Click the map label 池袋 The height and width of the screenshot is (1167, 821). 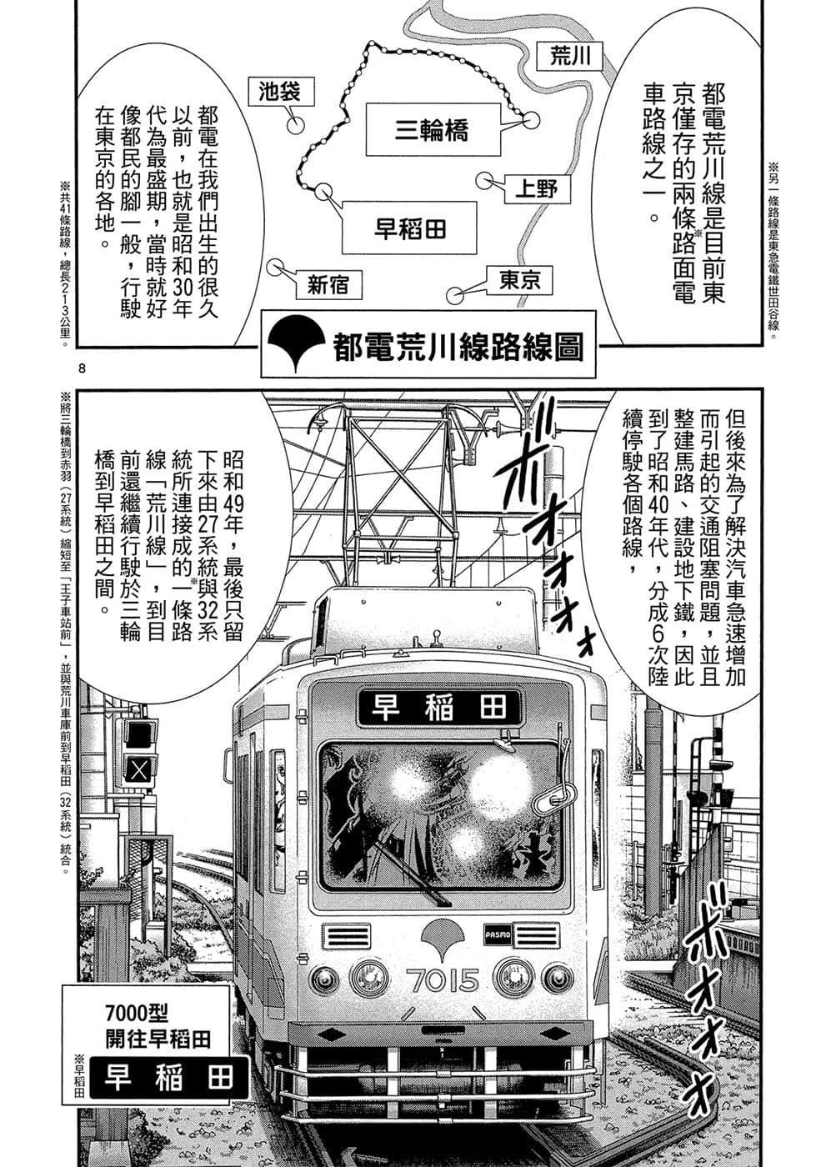tap(274, 91)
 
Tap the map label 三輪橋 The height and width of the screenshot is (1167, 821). tap(431, 130)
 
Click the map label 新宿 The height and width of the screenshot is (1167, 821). tap(327, 285)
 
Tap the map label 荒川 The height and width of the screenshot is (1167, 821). tap(571, 57)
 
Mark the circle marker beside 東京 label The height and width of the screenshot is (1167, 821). tap(454, 296)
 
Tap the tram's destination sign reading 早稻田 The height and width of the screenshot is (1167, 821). tap(439, 708)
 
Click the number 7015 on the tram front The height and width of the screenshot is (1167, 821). tap(443, 980)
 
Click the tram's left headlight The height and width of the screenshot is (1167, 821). tap(367, 974)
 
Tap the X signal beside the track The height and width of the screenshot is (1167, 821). tap(138, 769)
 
